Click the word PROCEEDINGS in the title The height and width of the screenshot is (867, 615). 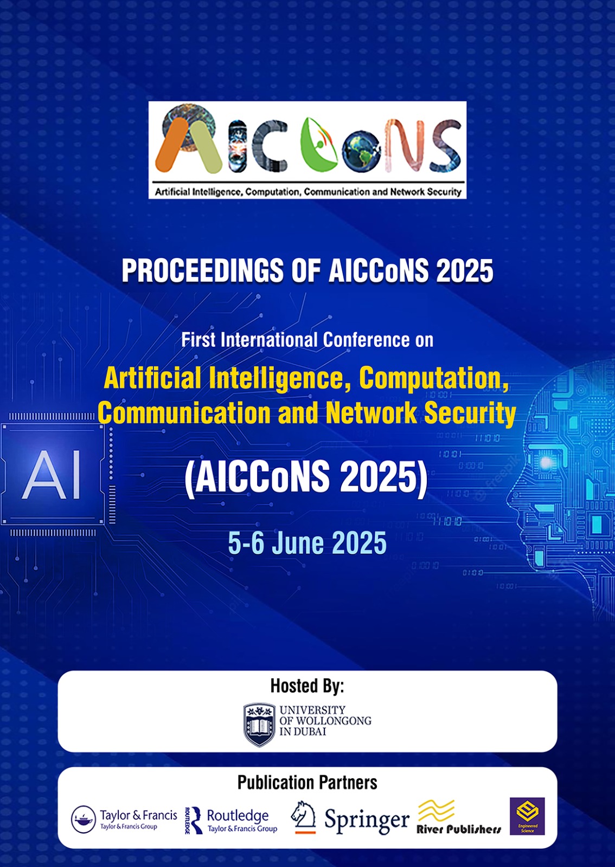tap(203, 270)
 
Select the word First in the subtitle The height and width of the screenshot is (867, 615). tap(198, 339)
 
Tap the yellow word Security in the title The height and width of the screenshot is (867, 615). tap(470, 413)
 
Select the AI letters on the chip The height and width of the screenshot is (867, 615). tap(51, 475)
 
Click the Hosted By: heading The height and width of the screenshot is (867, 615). tap(307, 685)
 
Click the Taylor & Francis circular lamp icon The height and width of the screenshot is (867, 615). tap(84, 819)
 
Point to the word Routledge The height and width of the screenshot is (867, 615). tap(238, 815)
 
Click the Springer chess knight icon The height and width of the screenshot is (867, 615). tap(303, 817)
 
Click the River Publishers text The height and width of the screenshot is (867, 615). tap(459, 829)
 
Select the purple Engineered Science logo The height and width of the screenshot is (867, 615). tap(527, 816)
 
